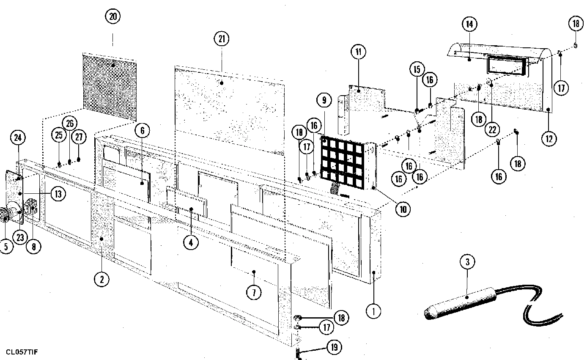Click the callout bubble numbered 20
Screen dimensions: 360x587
click(x=112, y=17)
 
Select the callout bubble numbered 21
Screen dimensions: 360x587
click(x=221, y=39)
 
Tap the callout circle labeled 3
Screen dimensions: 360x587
click(x=467, y=262)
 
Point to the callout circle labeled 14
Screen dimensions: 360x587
click(x=469, y=24)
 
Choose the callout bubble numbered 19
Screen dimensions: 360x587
click(x=334, y=348)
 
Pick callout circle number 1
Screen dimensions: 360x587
click(x=373, y=311)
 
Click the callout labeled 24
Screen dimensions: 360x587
click(x=18, y=137)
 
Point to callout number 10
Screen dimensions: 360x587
click(x=403, y=209)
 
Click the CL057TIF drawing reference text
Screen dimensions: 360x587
click(x=24, y=352)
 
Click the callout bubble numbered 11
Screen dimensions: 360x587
click(x=358, y=52)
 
